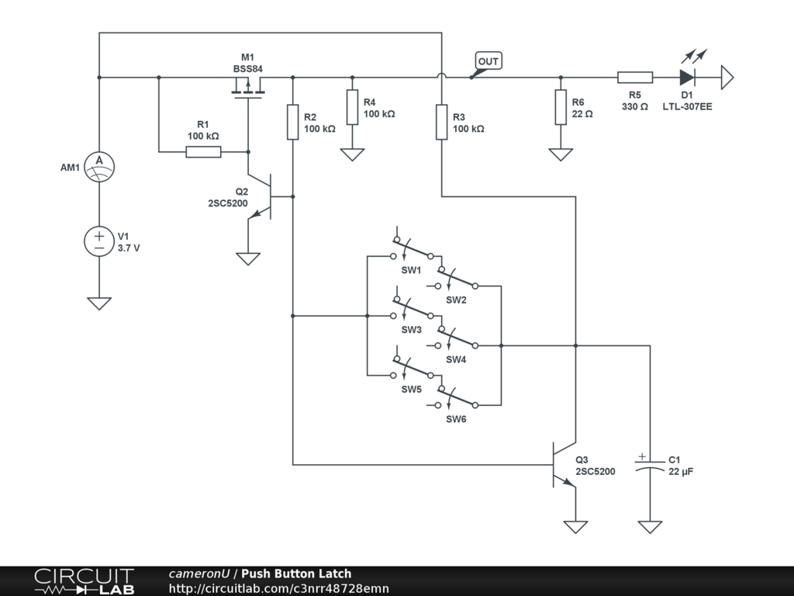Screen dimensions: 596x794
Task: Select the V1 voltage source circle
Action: point(99,240)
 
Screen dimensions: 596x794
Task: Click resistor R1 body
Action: point(203,152)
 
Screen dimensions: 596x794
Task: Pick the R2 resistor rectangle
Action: point(292,122)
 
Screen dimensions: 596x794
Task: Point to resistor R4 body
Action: point(352,107)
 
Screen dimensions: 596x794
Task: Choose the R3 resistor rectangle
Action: point(441,122)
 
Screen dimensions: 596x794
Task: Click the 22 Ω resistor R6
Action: point(561,107)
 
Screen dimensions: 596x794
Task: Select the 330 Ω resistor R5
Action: point(634,78)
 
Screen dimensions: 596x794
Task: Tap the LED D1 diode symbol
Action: point(687,78)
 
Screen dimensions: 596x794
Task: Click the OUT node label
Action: point(488,61)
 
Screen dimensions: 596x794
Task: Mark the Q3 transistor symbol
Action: point(563,465)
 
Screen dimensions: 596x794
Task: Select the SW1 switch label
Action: point(411,270)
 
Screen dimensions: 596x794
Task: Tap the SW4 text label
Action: point(456,359)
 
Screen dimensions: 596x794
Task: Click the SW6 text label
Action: point(456,419)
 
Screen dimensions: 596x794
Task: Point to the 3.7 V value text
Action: point(129,248)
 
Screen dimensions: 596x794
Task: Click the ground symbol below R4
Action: point(352,154)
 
